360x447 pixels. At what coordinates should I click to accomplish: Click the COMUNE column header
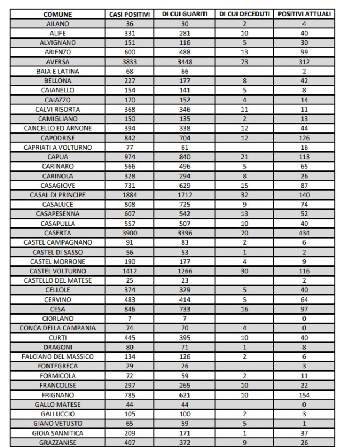[58, 14]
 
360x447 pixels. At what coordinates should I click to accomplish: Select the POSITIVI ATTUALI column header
[304, 14]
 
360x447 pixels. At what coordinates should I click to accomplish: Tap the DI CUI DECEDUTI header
[244, 14]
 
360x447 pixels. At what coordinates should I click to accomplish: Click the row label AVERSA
[58, 61]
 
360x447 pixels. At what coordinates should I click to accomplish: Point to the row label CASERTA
[58, 233]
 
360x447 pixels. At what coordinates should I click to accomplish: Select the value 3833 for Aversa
[129, 61]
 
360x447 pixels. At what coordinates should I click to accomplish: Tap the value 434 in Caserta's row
[304, 233]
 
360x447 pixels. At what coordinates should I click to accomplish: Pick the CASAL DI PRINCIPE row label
[58, 195]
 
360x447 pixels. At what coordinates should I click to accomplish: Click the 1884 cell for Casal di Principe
[129, 195]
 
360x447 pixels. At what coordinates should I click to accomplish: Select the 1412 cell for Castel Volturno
[129, 271]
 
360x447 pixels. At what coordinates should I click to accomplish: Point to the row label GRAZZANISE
[58, 443]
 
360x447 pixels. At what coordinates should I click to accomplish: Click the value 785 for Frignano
[129, 395]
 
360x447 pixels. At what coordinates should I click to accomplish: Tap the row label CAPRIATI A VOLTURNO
[58, 148]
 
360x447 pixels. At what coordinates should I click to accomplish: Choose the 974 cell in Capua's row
[129, 157]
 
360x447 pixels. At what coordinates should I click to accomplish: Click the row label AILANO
[58, 23]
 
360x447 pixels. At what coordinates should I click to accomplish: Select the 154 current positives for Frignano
[304, 395]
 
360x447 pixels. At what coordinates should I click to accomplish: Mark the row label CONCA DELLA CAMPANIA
[58, 328]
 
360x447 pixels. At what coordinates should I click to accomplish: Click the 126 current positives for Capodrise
[304, 138]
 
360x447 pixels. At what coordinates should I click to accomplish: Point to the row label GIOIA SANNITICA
[58, 433]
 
